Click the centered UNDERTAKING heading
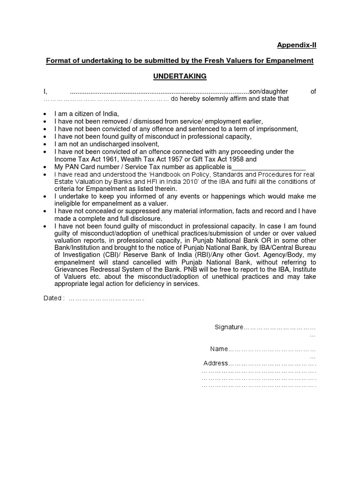click(180, 76)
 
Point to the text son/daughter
click(269, 91)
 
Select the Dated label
click(52, 298)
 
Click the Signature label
click(229, 327)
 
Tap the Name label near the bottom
click(218, 349)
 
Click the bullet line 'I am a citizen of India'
click(87, 114)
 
